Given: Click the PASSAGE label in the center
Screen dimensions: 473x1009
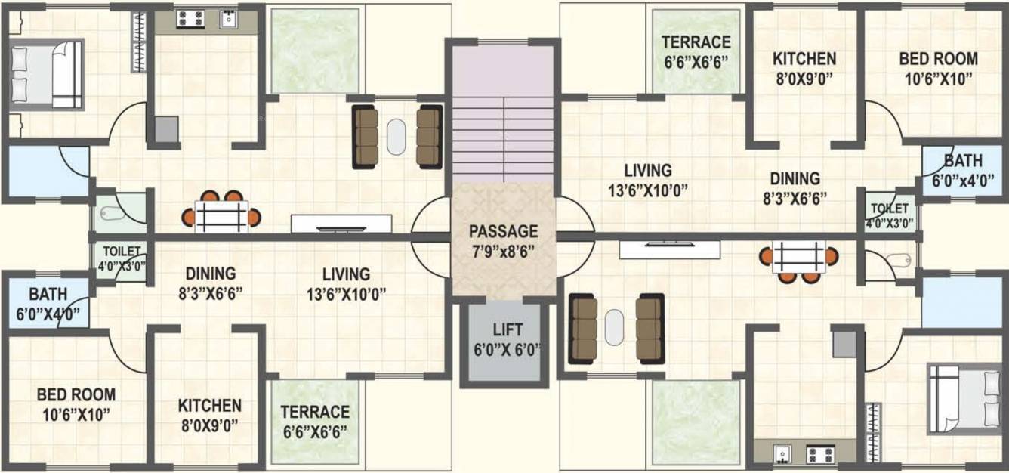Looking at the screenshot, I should [x=503, y=231].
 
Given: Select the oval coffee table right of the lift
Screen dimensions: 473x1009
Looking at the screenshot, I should [x=615, y=326].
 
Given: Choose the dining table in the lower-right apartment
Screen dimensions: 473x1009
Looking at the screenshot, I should [x=799, y=258].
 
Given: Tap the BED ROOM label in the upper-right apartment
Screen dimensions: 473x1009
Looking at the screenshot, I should [x=938, y=59].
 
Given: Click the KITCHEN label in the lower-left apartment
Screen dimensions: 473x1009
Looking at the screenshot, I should [x=210, y=406].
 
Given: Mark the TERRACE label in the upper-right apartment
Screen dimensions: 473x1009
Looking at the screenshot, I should [x=696, y=42].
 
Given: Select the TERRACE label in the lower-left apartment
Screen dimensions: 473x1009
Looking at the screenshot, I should [x=315, y=413].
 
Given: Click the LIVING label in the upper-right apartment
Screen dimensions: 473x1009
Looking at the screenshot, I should [x=648, y=170].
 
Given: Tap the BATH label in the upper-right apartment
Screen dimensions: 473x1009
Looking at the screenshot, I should [x=962, y=161].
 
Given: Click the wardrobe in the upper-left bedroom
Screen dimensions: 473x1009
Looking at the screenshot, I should [x=139, y=43].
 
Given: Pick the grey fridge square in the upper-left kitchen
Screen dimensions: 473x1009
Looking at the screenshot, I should [x=167, y=129].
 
